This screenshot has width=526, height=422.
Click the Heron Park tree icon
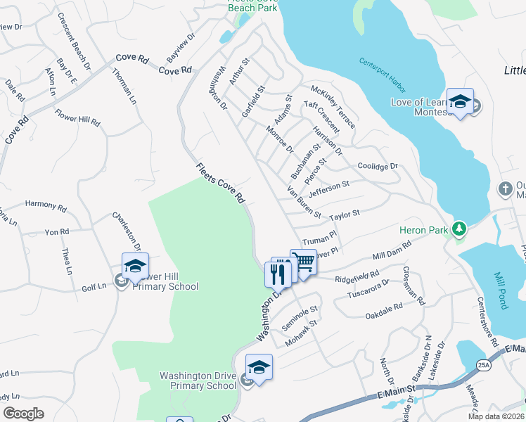(459, 228)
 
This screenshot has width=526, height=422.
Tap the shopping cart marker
(303, 262)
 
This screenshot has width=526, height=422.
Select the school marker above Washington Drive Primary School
(258, 367)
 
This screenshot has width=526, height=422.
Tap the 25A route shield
(483, 365)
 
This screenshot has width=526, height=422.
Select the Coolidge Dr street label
(378, 167)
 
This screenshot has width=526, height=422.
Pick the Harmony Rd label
(45, 208)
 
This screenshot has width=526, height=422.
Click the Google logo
(23, 414)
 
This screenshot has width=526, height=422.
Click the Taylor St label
(345, 213)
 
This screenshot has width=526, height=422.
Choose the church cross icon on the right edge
(504, 188)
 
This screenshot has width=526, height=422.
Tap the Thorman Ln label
(124, 84)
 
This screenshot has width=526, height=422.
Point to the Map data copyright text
(494, 416)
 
